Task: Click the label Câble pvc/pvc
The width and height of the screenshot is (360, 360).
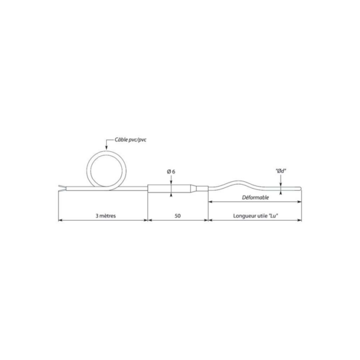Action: pyautogui.click(x=131, y=140)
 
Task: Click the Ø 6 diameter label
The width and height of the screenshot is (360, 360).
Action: pyautogui.click(x=171, y=171)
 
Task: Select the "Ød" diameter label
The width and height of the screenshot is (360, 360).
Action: pyautogui.click(x=281, y=171)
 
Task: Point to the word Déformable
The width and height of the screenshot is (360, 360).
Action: pyautogui.click(x=255, y=197)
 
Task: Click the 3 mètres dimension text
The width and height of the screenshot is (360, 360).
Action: pyautogui.click(x=105, y=216)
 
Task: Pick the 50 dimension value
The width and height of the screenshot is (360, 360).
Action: pyautogui.click(x=178, y=216)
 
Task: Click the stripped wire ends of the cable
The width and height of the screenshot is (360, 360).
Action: pyautogui.click(x=62, y=189)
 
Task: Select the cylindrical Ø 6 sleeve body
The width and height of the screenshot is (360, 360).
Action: pyautogui.click(x=169, y=189)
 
